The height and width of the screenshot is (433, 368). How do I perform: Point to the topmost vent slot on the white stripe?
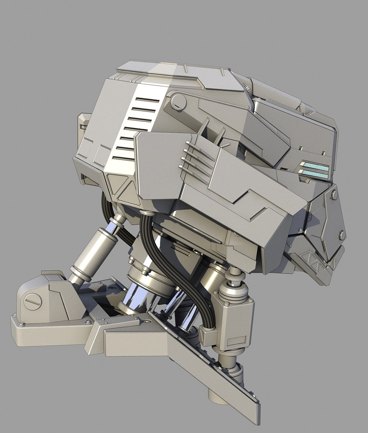click(144, 99)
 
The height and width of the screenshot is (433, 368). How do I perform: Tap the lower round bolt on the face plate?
click(342, 235)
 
